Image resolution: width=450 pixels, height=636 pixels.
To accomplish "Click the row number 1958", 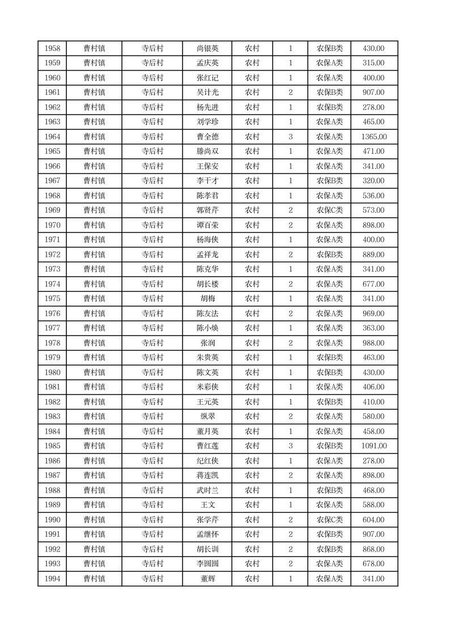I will coord(52,49).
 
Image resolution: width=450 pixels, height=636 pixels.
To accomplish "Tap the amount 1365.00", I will coord(374,137).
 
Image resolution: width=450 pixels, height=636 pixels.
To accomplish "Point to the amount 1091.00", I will coord(374,446).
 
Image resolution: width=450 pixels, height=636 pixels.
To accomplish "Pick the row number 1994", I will coord(52,579).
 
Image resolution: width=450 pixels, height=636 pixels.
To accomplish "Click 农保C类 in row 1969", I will coord(329,210).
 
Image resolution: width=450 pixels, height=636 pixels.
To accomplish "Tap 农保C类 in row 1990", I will coord(329,520).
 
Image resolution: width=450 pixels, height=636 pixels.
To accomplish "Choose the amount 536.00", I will coord(374,196).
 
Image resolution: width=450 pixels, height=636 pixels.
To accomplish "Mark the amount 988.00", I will coord(374,343).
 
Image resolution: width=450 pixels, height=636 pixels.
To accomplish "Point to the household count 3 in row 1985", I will coord(290,446).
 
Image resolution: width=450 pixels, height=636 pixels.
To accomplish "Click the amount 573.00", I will coord(374,210).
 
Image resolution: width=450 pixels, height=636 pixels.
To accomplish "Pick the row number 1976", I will coord(52,313).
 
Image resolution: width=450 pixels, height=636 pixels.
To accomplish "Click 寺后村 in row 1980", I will coord(152,372).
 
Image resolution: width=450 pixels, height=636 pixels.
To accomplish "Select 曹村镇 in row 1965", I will coord(94,151).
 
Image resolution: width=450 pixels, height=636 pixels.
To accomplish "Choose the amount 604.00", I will coord(374,520).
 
